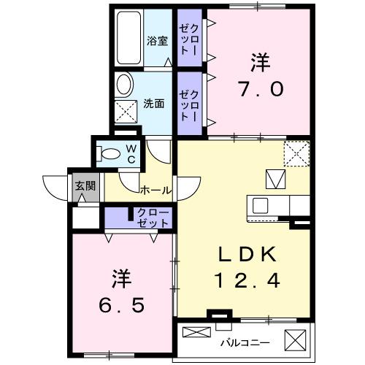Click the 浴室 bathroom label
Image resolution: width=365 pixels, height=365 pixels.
pyautogui.click(x=157, y=41)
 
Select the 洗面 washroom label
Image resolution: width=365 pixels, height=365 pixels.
pyautogui.click(x=154, y=103)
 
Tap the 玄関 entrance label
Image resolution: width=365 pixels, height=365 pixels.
pyautogui.click(x=85, y=185)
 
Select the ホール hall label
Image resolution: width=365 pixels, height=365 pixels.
pyautogui.click(x=155, y=191)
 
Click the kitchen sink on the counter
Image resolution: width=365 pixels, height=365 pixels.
pyautogui.click(x=261, y=205)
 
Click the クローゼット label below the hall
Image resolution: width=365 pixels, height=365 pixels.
pyautogui.click(x=153, y=217)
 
